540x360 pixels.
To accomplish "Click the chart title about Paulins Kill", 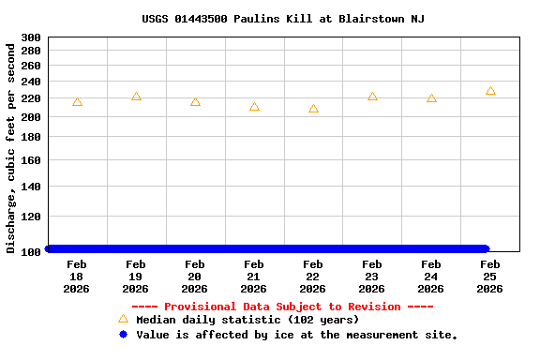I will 283,19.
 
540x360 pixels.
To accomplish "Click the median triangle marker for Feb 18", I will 77,102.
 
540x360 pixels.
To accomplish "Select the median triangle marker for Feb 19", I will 136,97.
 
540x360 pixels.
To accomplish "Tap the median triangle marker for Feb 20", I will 195,102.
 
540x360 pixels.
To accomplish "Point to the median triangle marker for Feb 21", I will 254,107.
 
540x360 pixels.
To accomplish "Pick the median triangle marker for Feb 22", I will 313,109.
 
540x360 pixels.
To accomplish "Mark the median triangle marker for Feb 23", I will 372,97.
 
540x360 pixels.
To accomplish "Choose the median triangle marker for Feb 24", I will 431,98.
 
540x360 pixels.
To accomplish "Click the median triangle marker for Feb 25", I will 490,91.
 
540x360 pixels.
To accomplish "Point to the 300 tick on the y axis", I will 30,37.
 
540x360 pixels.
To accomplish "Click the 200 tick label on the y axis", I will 30,117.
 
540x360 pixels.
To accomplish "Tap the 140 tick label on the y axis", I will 30,187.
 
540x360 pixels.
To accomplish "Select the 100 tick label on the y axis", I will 30,251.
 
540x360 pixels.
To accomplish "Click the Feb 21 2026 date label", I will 254,277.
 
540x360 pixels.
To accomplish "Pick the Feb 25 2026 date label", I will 490,277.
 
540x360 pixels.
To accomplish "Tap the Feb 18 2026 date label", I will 77,277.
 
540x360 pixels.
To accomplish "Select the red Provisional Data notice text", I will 282,307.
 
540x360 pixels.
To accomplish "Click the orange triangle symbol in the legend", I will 123,319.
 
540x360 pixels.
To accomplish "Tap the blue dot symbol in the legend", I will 123,334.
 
